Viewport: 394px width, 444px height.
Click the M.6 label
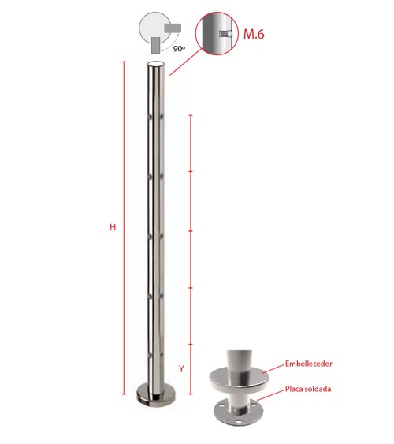click(x=254, y=34)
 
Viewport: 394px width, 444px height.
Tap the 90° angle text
click(x=179, y=49)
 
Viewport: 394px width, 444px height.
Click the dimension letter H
click(x=113, y=227)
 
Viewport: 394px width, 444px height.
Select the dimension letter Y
click(x=181, y=368)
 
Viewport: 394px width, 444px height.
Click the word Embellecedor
click(x=309, y=364)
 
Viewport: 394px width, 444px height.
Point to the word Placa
click(x=294, y=389)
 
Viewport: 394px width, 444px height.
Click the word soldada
click(x=318, y=389)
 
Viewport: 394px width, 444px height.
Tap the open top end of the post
click(x=156, y=64)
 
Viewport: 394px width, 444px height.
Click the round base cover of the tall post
click(x=156, y=394)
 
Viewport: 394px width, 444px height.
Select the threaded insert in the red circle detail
click(x=226, y=34)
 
